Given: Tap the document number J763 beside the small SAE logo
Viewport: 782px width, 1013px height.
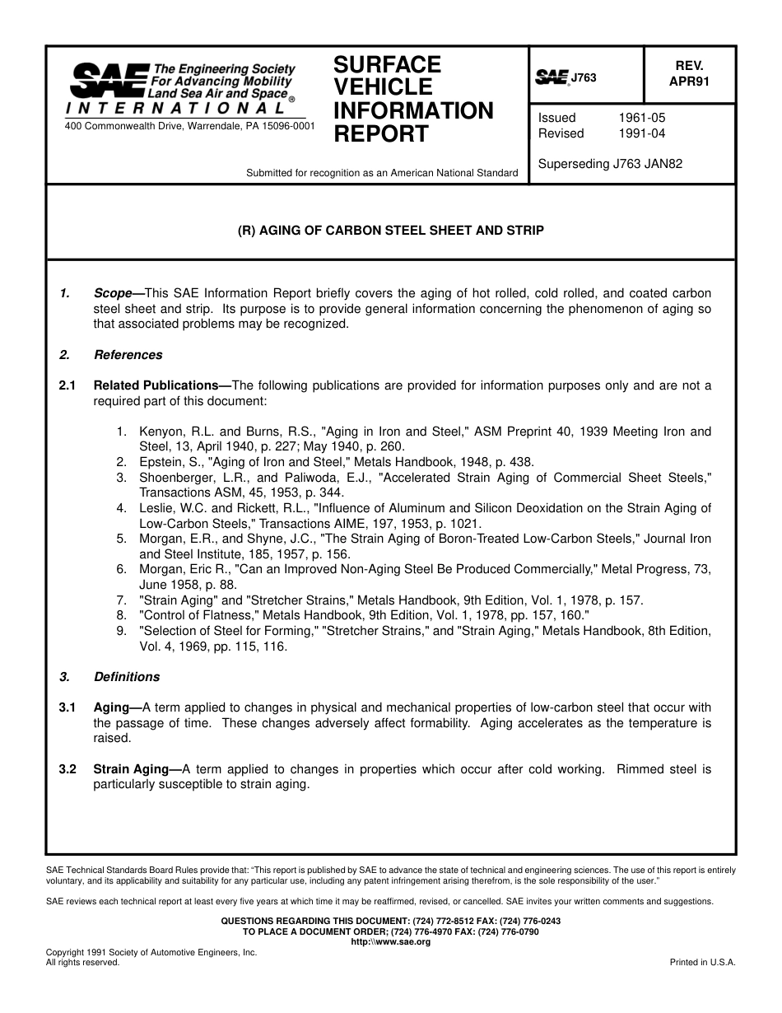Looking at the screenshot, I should click(x=583, y=78).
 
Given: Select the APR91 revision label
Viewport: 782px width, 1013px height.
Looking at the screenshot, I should click(x=689, y=81).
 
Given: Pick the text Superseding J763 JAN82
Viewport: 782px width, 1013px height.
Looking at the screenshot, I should click(x=610, y=164).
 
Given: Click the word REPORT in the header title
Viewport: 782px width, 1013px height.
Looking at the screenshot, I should click(x=381, y=134).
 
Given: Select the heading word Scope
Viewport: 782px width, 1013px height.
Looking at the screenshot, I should click(x=113, y=293).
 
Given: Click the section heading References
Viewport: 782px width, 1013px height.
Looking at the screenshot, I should click(x=128, y=355).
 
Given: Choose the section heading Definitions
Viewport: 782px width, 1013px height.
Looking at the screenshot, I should click(x=127, y=677).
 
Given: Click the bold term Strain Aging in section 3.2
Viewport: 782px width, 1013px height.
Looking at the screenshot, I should click(x=130, y=769).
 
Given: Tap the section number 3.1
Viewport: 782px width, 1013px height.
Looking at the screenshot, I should click(x=67, y=707).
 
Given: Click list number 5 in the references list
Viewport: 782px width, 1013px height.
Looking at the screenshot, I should click(x=121, y=539).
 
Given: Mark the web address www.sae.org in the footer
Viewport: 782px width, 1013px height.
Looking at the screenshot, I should click(x=392, y=941).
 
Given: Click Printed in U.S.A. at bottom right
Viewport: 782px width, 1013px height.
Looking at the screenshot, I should click(x=703, y=962).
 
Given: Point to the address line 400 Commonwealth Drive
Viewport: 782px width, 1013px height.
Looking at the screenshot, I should click(x=189, y=126).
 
